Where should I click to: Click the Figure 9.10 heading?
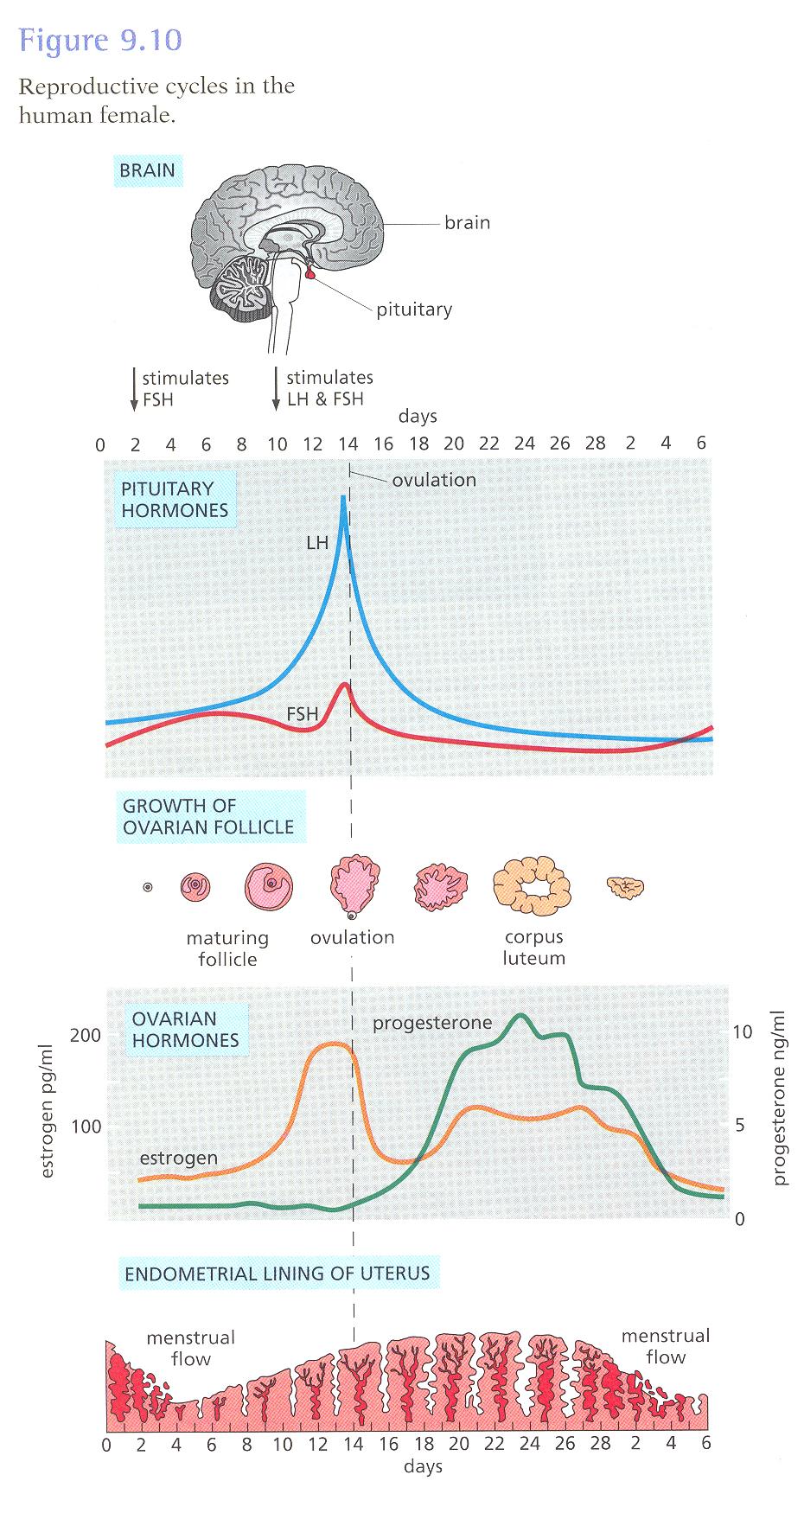(x=100, y=41)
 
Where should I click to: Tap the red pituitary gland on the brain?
(x=310, y=274)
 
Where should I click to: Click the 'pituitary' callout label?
(x=413, y=310)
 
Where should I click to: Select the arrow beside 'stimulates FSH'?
(x=134, y=389)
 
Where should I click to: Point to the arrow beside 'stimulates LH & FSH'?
(x=276, y=389)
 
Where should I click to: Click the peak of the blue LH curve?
(x=344, y=498)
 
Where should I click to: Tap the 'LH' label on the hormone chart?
(x=317, y=543)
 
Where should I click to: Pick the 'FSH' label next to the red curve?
(x=302, y=714)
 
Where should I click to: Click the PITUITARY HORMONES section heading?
(x=174, y=499)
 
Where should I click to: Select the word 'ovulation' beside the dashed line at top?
(x=434, y=480)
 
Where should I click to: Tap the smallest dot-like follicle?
(x=148, y=887)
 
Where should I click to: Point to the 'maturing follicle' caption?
(x=227, y=948)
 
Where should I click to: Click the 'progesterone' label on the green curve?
(x=432, y=1024)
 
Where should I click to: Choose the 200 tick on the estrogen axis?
(x=86, y=1035)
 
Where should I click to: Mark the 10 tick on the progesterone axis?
(x=743, y=1032)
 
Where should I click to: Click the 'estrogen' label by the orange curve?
(x=178, y=1158)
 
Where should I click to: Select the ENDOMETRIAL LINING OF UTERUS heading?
(x=277, y=1274)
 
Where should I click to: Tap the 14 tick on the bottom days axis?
(x=353, y=1444)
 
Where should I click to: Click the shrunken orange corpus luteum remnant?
(x=625, y=886)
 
